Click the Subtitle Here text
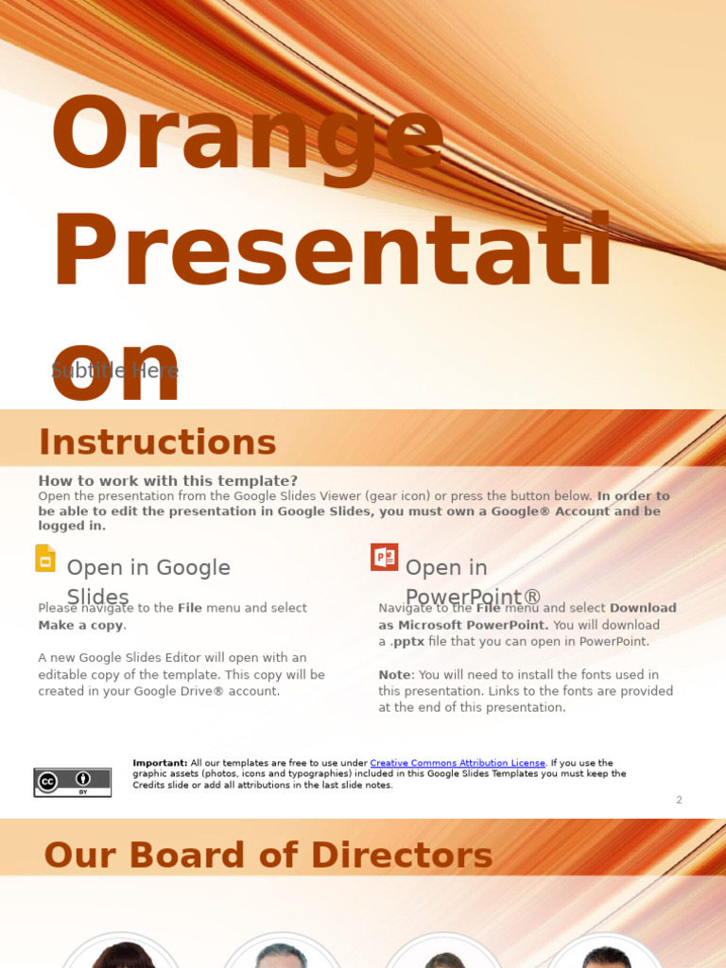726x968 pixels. click(114, 371)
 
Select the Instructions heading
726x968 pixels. click(157, 442)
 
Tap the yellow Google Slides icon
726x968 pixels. click(45, 559)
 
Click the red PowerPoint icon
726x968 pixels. click(384, 558)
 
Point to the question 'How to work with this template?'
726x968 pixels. click(167, 481)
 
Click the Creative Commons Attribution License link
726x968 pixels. click(458, 763)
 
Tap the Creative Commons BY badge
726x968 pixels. click(73, 782)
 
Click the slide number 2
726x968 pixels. click(679, 800)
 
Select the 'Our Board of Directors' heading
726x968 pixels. click(268, 856)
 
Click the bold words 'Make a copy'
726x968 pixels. click(81, 625)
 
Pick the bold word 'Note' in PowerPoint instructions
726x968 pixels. click(394, 675)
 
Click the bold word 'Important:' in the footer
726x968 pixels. click(160, 763)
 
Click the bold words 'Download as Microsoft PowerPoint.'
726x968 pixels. click(527, 616)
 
